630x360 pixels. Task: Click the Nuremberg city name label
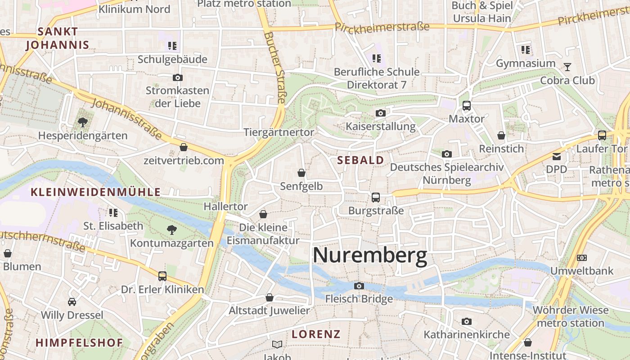[370, 256]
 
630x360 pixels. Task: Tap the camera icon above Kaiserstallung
[381, 113]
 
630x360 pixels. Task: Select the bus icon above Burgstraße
[375, 197]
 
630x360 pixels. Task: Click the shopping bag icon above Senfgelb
[301, 173]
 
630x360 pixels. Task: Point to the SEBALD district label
[360, 160]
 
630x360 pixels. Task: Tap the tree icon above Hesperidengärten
[82, 122]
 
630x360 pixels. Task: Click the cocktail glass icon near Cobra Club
[567, 67]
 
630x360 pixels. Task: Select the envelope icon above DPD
[557, 157]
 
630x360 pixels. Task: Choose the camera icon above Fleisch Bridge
[359, 286]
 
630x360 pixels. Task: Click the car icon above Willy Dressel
[72, 301]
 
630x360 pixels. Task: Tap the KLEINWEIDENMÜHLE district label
[95, 192]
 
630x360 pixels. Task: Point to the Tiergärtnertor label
[279, 132]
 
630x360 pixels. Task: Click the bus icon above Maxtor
[467, 106]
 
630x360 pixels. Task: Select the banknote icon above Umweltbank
[582, 258]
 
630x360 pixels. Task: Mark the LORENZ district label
[316, 334]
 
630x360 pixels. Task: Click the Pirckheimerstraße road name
[382, 27]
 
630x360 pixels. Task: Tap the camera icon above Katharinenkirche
[467, 321]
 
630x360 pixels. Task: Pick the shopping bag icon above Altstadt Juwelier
[270, 297]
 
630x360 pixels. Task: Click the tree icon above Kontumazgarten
[172, 230]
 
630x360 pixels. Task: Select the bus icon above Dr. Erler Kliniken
[162, 276]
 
